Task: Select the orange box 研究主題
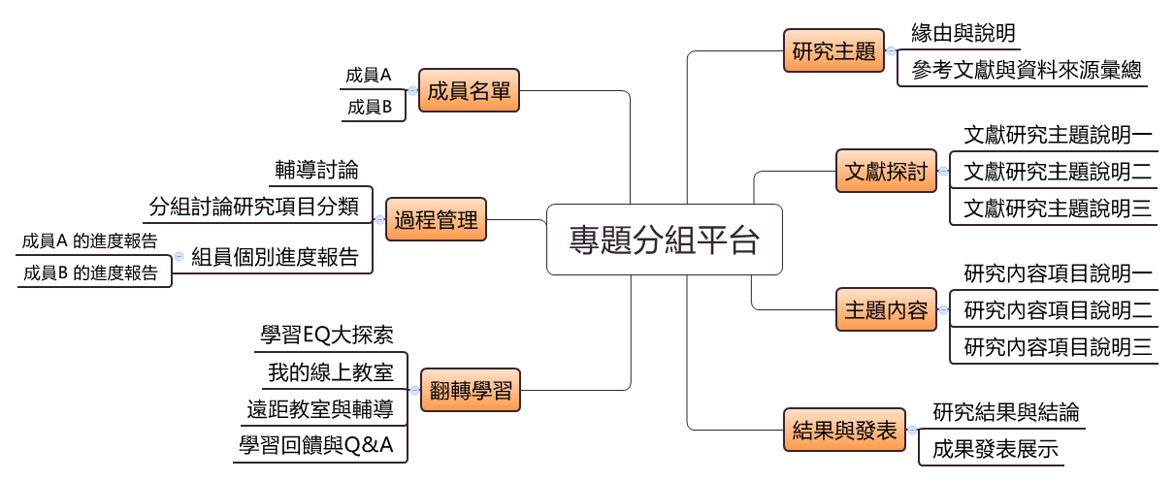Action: pos(833,51)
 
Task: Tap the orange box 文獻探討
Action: pos(886,173)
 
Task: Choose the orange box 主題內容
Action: pos(886,311)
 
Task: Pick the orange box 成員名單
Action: pos(469,92)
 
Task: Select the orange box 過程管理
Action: pos(436,220)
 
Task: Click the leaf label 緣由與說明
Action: pos(963,33)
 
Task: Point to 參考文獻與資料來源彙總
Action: pos(1027,70)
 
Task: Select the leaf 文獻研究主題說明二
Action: pos(1058,173)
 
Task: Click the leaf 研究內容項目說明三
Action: pos(1058,346)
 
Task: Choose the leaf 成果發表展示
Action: pos(995,449)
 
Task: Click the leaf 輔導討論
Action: pos(316,171)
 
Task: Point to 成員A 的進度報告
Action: pos(89,240)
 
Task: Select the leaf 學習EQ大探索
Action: pos(327,336)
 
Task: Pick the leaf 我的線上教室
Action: pos(330,372)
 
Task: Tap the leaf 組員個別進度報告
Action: pos(275,257)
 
